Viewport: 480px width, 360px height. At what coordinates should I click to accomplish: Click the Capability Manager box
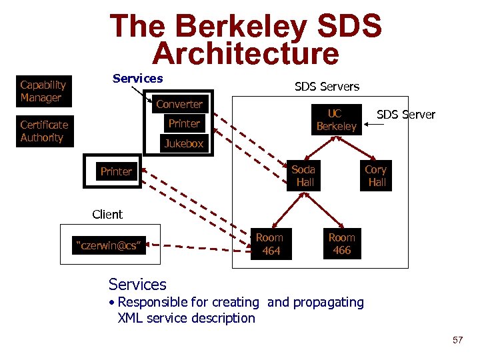coord(44,91)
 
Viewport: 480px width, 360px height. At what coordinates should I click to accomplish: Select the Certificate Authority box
coord(44,131)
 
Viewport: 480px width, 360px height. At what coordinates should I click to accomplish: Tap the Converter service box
coord(179,104)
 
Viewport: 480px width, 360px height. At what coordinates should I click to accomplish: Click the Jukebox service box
coord(184,143)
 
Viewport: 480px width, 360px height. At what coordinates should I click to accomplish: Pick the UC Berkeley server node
coord(336,120)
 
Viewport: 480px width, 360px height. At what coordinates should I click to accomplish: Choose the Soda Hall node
coord(305,176)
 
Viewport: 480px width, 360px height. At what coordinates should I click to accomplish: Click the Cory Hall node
coord(377,176)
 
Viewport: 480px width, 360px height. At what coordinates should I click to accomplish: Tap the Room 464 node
coord(270,244)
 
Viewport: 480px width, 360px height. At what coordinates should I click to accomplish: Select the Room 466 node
coord(342,244)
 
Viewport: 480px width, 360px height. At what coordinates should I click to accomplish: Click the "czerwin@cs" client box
coord(109,246)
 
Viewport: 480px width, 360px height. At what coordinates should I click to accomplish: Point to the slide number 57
coord(457,341)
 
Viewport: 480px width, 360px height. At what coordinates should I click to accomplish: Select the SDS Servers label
coord(327,87)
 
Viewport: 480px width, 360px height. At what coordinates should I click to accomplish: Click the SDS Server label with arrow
coord(405,115)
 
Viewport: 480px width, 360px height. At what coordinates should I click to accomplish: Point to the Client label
coord(107,215)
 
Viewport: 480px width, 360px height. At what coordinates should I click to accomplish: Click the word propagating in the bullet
coord(328,303)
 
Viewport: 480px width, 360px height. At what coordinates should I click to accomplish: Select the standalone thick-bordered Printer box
coord(116,172)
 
